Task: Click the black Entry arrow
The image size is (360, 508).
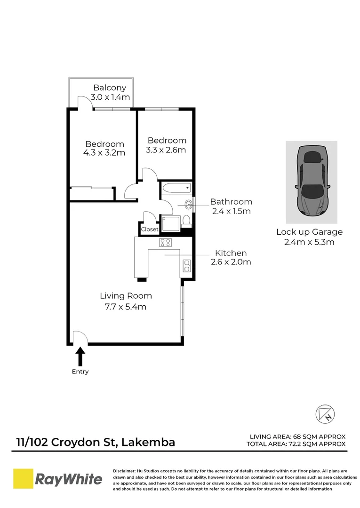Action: tap(80, 356)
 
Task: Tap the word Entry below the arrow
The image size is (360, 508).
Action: tap(80, 372)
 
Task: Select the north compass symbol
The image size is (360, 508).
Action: tap(325, 413)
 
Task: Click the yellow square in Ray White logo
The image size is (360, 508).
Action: tap(22, 479)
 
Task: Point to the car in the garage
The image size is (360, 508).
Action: tap(312, 182)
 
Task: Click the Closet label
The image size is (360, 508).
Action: tap(150, 230)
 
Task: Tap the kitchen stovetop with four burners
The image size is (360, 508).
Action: tap(165, 243)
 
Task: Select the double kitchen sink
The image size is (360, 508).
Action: tap(186, 266)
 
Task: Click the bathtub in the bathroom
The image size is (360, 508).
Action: tap(176, 189)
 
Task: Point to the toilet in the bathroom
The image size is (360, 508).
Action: tap(186, 220)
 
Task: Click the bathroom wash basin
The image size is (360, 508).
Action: tap(189, 205)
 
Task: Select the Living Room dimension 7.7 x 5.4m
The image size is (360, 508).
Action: tap(126, 307)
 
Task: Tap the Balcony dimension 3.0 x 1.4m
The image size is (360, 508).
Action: tap(110, 98)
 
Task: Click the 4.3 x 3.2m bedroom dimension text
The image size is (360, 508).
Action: tap(104, 153)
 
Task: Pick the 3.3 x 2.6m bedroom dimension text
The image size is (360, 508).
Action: tap(167, 151)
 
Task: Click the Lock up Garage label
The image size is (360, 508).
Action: tap(309, 232)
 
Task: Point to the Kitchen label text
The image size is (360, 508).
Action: tap(231, 253)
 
